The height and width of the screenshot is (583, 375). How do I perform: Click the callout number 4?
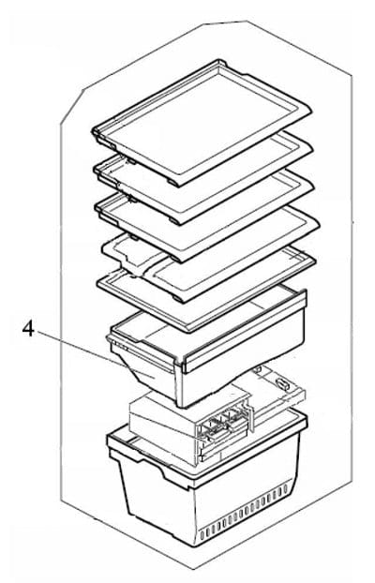pos(29,329)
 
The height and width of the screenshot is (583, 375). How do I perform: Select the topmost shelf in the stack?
pos(202,123)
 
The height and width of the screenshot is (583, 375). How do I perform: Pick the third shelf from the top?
pos(204,216)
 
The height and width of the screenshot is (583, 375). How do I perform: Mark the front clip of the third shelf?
pos(175,258)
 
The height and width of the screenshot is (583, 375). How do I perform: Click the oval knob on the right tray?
pos(283,384)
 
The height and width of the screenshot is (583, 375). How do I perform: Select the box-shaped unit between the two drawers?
pos(189,424)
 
